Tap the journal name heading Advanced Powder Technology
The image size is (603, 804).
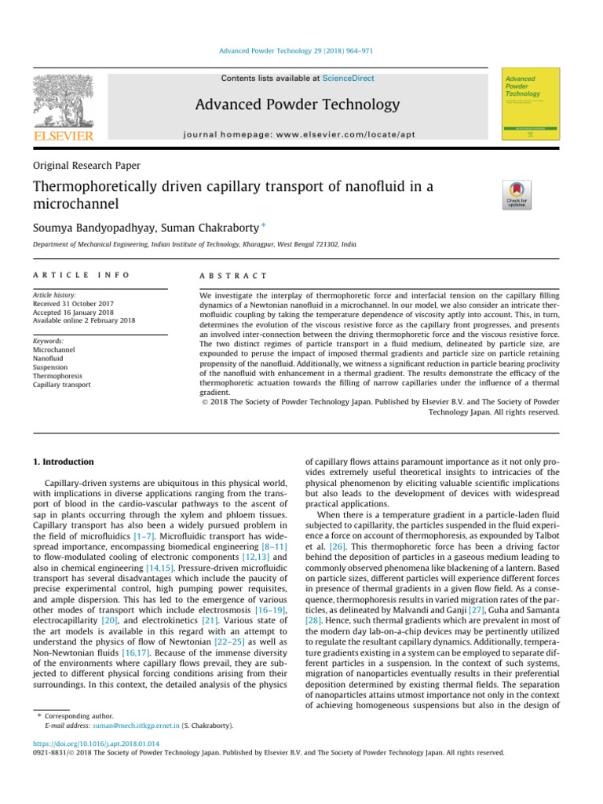[x=308, y=104]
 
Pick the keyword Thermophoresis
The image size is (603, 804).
[x=57, y=376]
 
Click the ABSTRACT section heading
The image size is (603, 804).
[x=235, y=276]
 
